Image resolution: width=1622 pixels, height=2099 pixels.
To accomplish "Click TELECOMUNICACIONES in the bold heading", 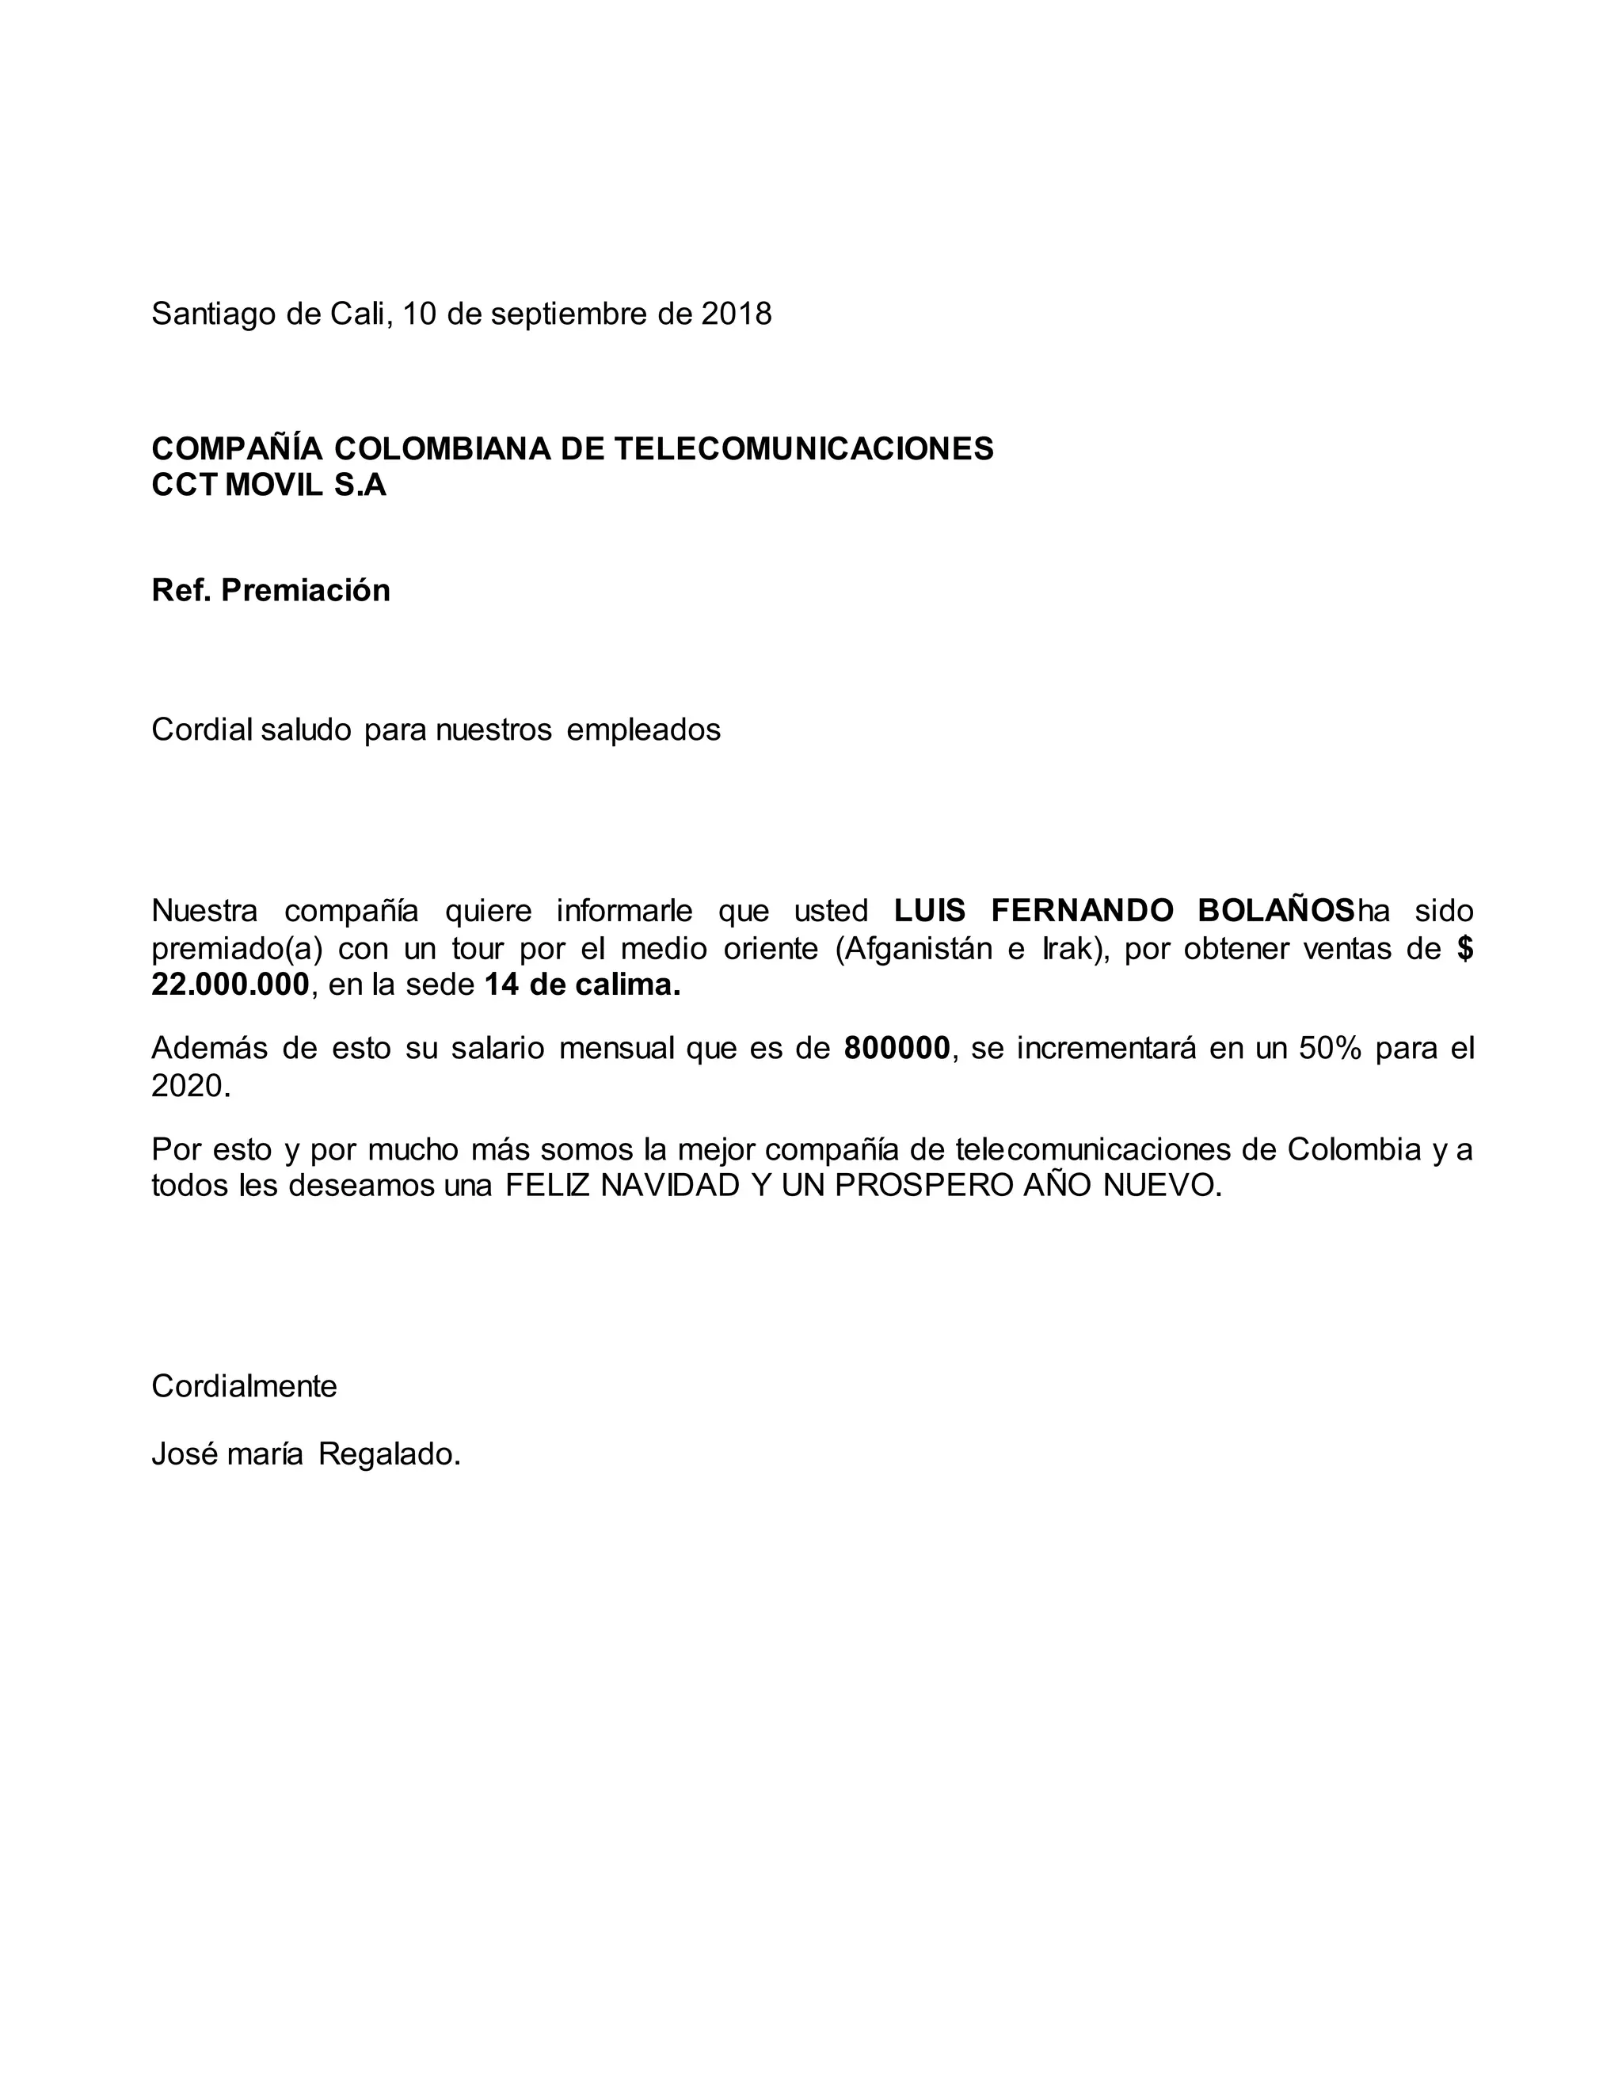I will click(803, 449).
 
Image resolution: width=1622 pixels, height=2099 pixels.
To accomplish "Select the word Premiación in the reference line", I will click(306, 590).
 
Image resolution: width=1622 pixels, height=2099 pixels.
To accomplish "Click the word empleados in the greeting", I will click(643, 730).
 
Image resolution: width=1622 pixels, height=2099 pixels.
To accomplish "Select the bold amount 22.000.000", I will click(230, 985).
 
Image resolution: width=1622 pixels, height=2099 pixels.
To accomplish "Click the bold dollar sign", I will click(1464, 949).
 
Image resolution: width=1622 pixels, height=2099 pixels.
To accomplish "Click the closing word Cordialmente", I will click(244, 1387).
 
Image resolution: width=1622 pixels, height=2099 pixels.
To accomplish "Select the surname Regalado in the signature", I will click(388, 1454).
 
